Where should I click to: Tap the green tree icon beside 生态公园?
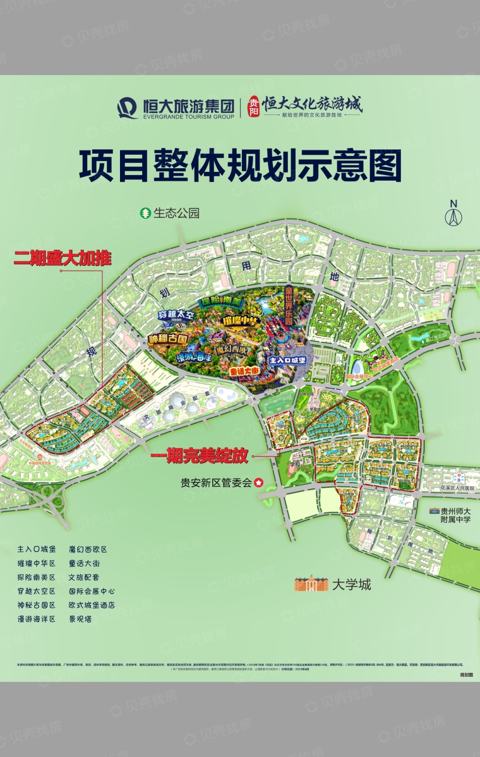point(145,213)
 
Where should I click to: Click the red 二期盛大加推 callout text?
point(62,259)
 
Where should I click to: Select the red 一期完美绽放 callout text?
point(200,456)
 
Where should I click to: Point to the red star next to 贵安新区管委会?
point(259,483)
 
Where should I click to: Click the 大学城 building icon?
point(311,583)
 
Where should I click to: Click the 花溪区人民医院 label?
point(457,488)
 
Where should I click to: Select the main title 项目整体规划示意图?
point(240,166)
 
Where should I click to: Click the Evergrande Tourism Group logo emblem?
point(128,108)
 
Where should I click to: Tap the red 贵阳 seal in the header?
point(253,107)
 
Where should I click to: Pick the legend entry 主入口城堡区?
point(36,549)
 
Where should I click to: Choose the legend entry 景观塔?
point(80,619)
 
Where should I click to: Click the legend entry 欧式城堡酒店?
point(92,605)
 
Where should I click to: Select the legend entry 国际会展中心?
point(92,591)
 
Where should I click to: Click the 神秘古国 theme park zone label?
point(168,339)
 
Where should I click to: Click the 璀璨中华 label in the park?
point(240,321)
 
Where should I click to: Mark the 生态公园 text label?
point(176,213)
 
